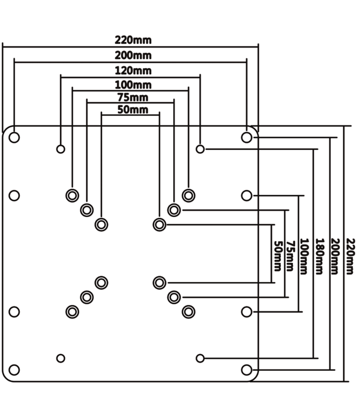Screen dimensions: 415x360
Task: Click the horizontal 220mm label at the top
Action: (x=133, y=40)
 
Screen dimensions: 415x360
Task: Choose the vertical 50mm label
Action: (x=277, y=256)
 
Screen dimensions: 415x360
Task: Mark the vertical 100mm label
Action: (x=304, y=256)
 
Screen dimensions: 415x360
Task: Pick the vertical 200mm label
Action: (x=335, y=256)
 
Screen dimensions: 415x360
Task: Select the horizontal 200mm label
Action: (x=133, y=55)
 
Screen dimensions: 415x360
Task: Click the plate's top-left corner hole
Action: (x=15, y=136)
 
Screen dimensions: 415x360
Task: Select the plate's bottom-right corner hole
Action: (x=247, y=369)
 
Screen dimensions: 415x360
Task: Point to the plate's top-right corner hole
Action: (x=247, y=136)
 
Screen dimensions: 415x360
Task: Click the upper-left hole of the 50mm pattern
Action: (x=101, y=224)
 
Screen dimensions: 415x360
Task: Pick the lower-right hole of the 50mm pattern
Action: (x=160, y=283)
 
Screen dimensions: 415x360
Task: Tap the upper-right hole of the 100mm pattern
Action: (x=188, y=195)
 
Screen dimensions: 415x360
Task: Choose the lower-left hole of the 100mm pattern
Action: (x=72, y=312)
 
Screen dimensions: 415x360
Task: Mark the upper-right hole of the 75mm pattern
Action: (x=174, y=209)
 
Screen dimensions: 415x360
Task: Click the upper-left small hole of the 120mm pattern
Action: (x=61, y=148)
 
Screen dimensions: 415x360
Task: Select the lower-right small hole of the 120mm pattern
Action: (x=200, y=357)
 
